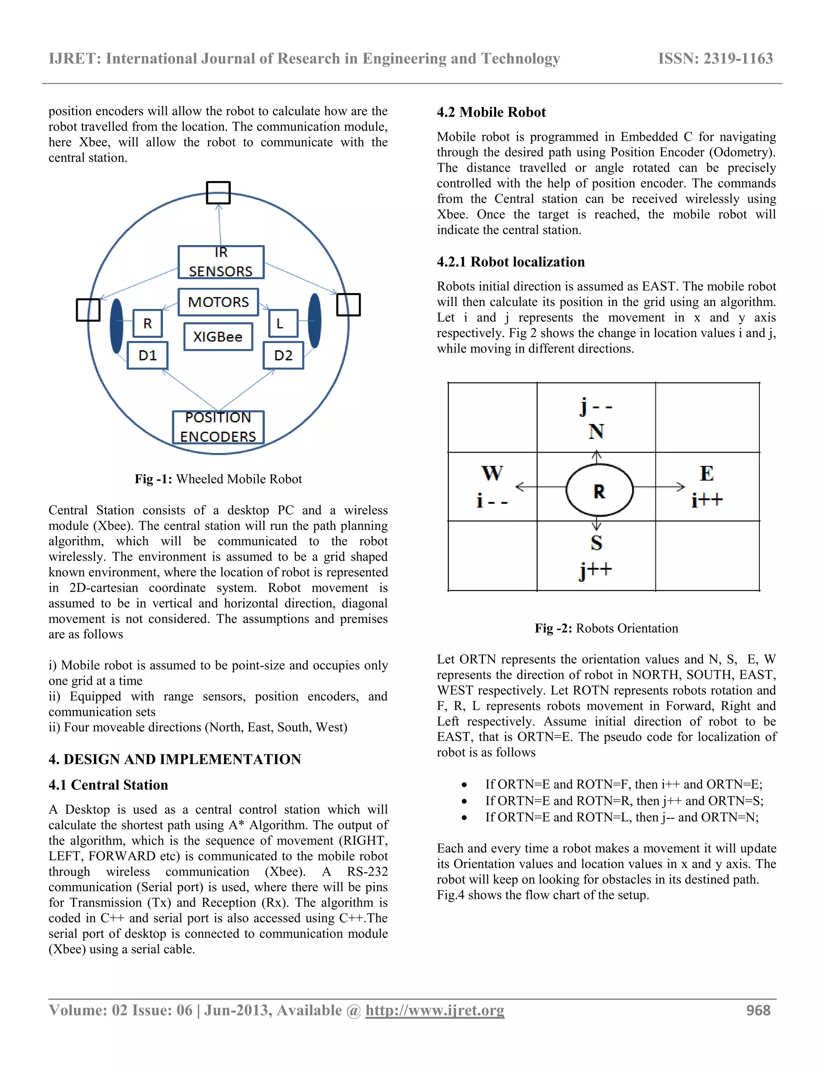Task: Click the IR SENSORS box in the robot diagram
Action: pyautogui.click(x=220, y=262)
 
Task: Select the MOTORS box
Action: pyautogui.click(x=218, y=302)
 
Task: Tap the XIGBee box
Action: pyautogui.click(x=218, y=337)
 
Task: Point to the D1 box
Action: pyautogui.click(x=147, y=355)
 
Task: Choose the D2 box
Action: pyautogui.click(x=283, y=355)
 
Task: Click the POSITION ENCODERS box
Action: pyautogui.click(x=218, y=427)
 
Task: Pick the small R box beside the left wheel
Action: pyautogui.click(x=147, y=323)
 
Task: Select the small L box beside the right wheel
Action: pyautogui.click(x=283, y=323)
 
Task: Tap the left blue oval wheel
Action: pyautogui.click(x=116, y=326)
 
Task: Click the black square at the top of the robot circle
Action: pyautogui.click(x=218, y=193)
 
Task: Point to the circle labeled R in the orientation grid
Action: pyautogui.click(x=599, y=490)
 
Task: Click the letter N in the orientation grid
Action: pyautogui.click(x=596, y=431)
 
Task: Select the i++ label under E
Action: pyautogui.click(x=707, y=500)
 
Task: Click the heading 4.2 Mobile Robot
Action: pyautogui.click(x=491, y=112)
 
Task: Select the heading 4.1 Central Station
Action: pyautogui.click(x=108, y=785)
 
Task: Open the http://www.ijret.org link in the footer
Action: pyautogui.click(x=435, y=1010)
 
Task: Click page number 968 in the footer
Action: pyautogui.click(x=758, y=1010)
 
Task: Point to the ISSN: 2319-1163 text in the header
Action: pyautogui.click(x=715, y=59)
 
